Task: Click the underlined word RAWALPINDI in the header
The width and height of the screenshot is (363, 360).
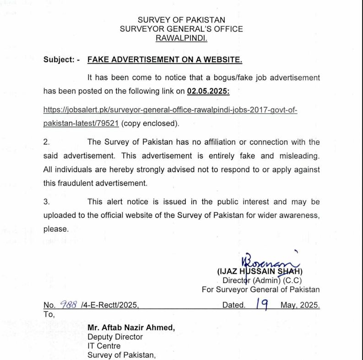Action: (x=181, y=38)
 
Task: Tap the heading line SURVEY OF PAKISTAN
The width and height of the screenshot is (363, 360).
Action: (x=181, y=20)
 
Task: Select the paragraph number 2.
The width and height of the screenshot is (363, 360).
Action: (x=46, y=142)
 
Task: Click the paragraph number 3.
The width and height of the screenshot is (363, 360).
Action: (x=46, y=202)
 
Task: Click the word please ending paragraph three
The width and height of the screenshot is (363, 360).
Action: (x=55, y=229)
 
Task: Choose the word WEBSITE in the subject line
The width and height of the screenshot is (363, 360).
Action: (x=224, y=60)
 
